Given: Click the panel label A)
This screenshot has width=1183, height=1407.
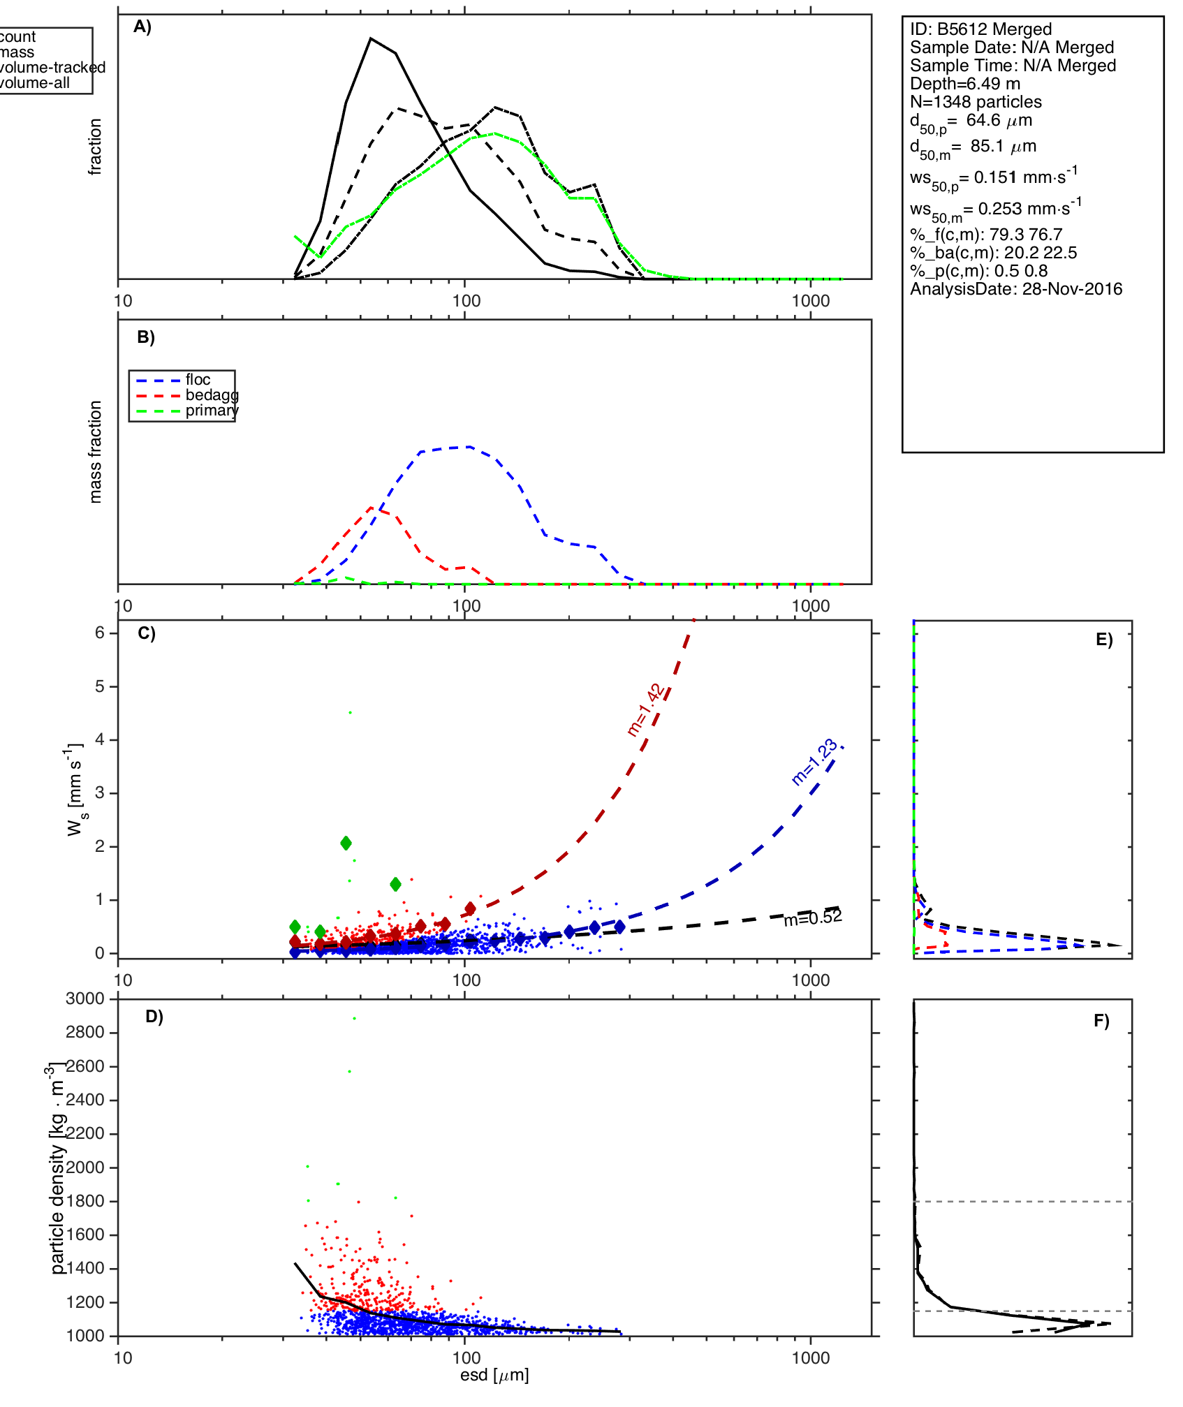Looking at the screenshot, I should [x=142, y=27].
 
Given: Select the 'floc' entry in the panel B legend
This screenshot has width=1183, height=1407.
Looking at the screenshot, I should [x=198, y=380].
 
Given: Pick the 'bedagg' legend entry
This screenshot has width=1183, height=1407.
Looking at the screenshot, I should [x=212, y=395].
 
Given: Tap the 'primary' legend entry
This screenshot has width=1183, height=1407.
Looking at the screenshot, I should [x=212, y=411].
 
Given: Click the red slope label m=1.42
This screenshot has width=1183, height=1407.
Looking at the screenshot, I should [x=646, y=710].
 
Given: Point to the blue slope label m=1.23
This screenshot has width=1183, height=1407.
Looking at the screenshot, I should [x=814, y=762].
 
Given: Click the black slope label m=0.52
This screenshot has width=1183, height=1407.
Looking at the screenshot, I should [x=812, y=918].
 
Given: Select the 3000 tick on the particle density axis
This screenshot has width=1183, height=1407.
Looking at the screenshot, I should [x=85, y=999].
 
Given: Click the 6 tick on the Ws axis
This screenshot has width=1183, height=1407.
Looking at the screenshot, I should [x=100, y=633].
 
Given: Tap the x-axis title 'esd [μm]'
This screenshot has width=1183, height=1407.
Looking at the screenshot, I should [x=494, y=1375].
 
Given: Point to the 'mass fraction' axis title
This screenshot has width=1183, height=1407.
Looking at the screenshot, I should [x=96, y=452].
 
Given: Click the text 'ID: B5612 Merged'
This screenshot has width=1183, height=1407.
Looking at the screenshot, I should [x=980, y=29].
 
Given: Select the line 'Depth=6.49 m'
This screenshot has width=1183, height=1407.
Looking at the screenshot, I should [x=965, y=84].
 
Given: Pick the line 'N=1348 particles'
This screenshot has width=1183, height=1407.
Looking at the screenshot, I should [x=976, y=102].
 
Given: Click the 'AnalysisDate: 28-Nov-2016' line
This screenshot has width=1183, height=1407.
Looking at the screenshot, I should [x=1016, y=289].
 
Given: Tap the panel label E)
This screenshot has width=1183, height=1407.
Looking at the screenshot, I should [x=1104, y=640].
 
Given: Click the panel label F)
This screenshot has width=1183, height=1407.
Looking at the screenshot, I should [x=1101, y=1022].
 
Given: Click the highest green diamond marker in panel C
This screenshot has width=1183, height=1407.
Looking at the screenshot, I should [x=346, y=844].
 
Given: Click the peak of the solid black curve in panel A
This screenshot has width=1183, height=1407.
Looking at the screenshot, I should [x=371, y=38].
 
